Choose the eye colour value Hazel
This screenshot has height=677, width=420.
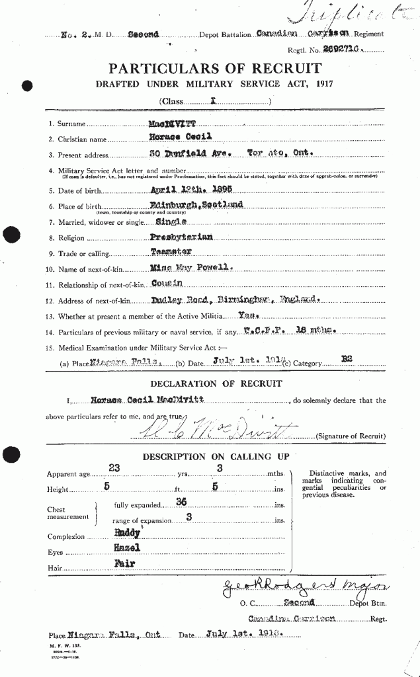tap(126, 548)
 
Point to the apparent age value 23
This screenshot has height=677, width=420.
tap(114, 468)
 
